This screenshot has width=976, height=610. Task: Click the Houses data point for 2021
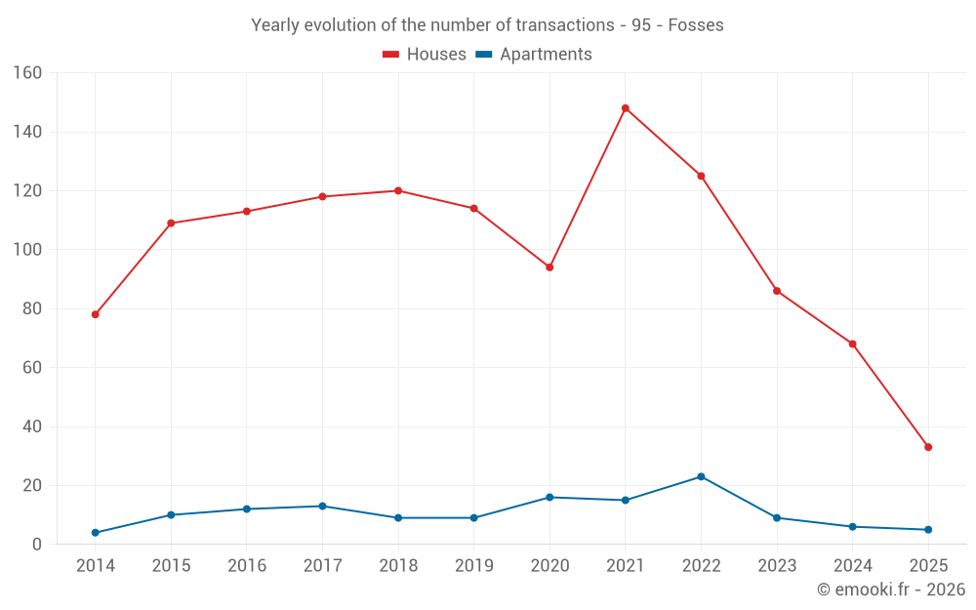tap(626, 108)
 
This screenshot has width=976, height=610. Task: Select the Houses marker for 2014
tap(95, 314)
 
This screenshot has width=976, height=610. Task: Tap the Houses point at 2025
tap(928, 447)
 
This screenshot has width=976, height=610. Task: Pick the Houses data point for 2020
tap(549, 267)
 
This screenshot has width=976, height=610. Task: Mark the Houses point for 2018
tap(398, 190)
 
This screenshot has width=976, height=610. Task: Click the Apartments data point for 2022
tap(701, 476)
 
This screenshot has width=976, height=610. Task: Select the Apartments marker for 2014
tap(95, 533)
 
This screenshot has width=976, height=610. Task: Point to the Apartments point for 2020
tap(549, 497)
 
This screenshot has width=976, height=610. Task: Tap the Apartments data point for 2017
tap(322, 506)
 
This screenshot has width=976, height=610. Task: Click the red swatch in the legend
tap(390, 55)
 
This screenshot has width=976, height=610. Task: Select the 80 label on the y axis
tap(32, 308)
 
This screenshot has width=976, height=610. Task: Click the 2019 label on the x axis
tap(473, 566)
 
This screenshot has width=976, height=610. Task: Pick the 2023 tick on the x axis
tap(777, 566)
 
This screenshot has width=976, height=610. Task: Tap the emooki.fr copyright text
tap(891, 590)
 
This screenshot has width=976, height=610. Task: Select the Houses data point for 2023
tap(777, 291)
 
